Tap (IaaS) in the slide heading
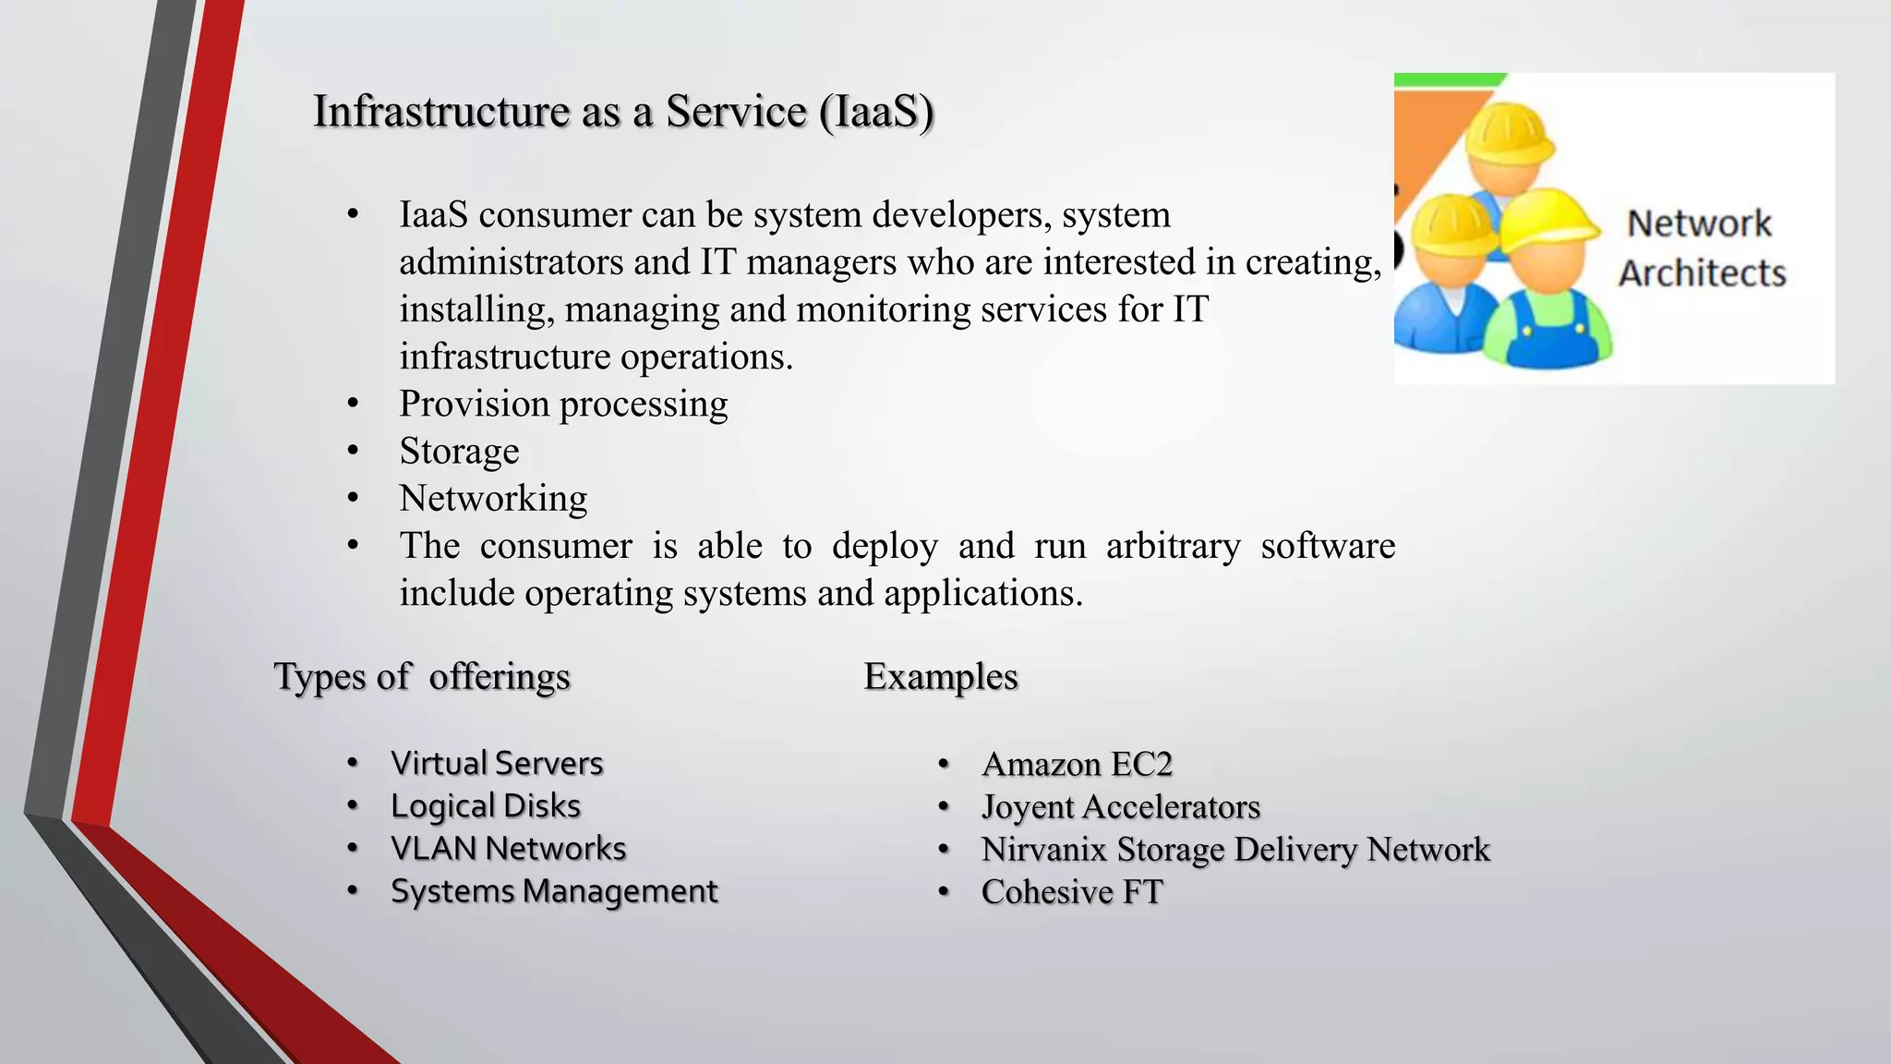[x=876, y=112]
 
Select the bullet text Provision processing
[x=562, y=405]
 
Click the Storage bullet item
[x=459, y=452]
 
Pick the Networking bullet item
[x=493, y=499]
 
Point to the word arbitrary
[x=1173, y=546]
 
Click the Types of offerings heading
[x=422, y=677]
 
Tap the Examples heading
[x=940, y=677]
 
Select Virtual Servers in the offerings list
[x=497, y=764]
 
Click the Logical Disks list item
[x=486, y=806]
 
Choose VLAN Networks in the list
[x=508, y=849]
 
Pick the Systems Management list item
[x=554, y=891]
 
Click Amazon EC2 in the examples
[x=1077, y=765]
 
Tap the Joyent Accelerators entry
[x=1120, y=807]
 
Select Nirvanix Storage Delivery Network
[x=1235, y=850]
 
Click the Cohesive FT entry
[x=1071, y=892]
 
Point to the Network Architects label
[x=1701, y=248]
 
